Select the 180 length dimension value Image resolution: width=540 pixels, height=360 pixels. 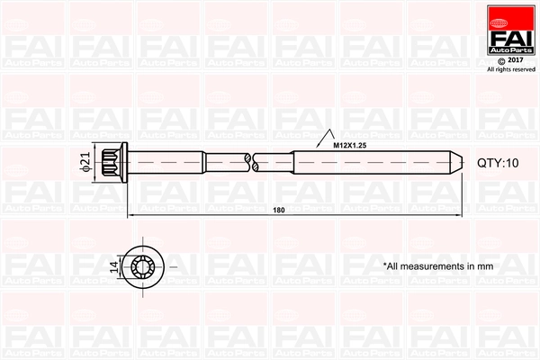[x=278, y=210]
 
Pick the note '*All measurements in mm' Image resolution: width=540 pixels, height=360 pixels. [x=438, y=266]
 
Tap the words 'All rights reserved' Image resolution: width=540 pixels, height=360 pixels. [x=510, y=69]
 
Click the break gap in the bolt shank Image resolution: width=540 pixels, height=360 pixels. [x=251, y=163]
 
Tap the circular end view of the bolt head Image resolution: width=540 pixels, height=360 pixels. [x=144, y=266]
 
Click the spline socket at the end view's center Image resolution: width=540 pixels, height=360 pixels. [x=144, y=266]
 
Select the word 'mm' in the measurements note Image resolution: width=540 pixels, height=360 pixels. [x=486, y=266]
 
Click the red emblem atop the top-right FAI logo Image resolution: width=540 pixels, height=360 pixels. [x=510, y=14]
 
